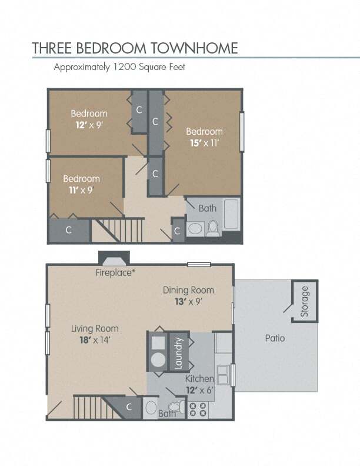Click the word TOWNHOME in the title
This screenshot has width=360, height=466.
coord(194,48)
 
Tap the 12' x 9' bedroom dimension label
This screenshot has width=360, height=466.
coord(89,125)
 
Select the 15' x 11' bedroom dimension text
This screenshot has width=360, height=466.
coord(204,143)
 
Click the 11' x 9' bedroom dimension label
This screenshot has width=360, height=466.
coord(81,190)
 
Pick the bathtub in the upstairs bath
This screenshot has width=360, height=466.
coord(231,214)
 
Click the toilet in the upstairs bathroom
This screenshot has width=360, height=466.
coord(213,228)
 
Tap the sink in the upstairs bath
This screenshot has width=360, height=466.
coord(195,229)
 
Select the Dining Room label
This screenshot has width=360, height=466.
coord(188,290)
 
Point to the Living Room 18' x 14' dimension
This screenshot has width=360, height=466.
coord(95,339)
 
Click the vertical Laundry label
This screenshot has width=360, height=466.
coord(178,353)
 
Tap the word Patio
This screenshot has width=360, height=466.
coord(275,338)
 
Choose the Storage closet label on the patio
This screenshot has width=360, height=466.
coord(305,301)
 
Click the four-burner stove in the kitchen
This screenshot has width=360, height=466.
coord(198,410)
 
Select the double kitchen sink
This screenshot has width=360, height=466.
coord(222,375)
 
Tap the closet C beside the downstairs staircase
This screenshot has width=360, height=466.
coord(129,407)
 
